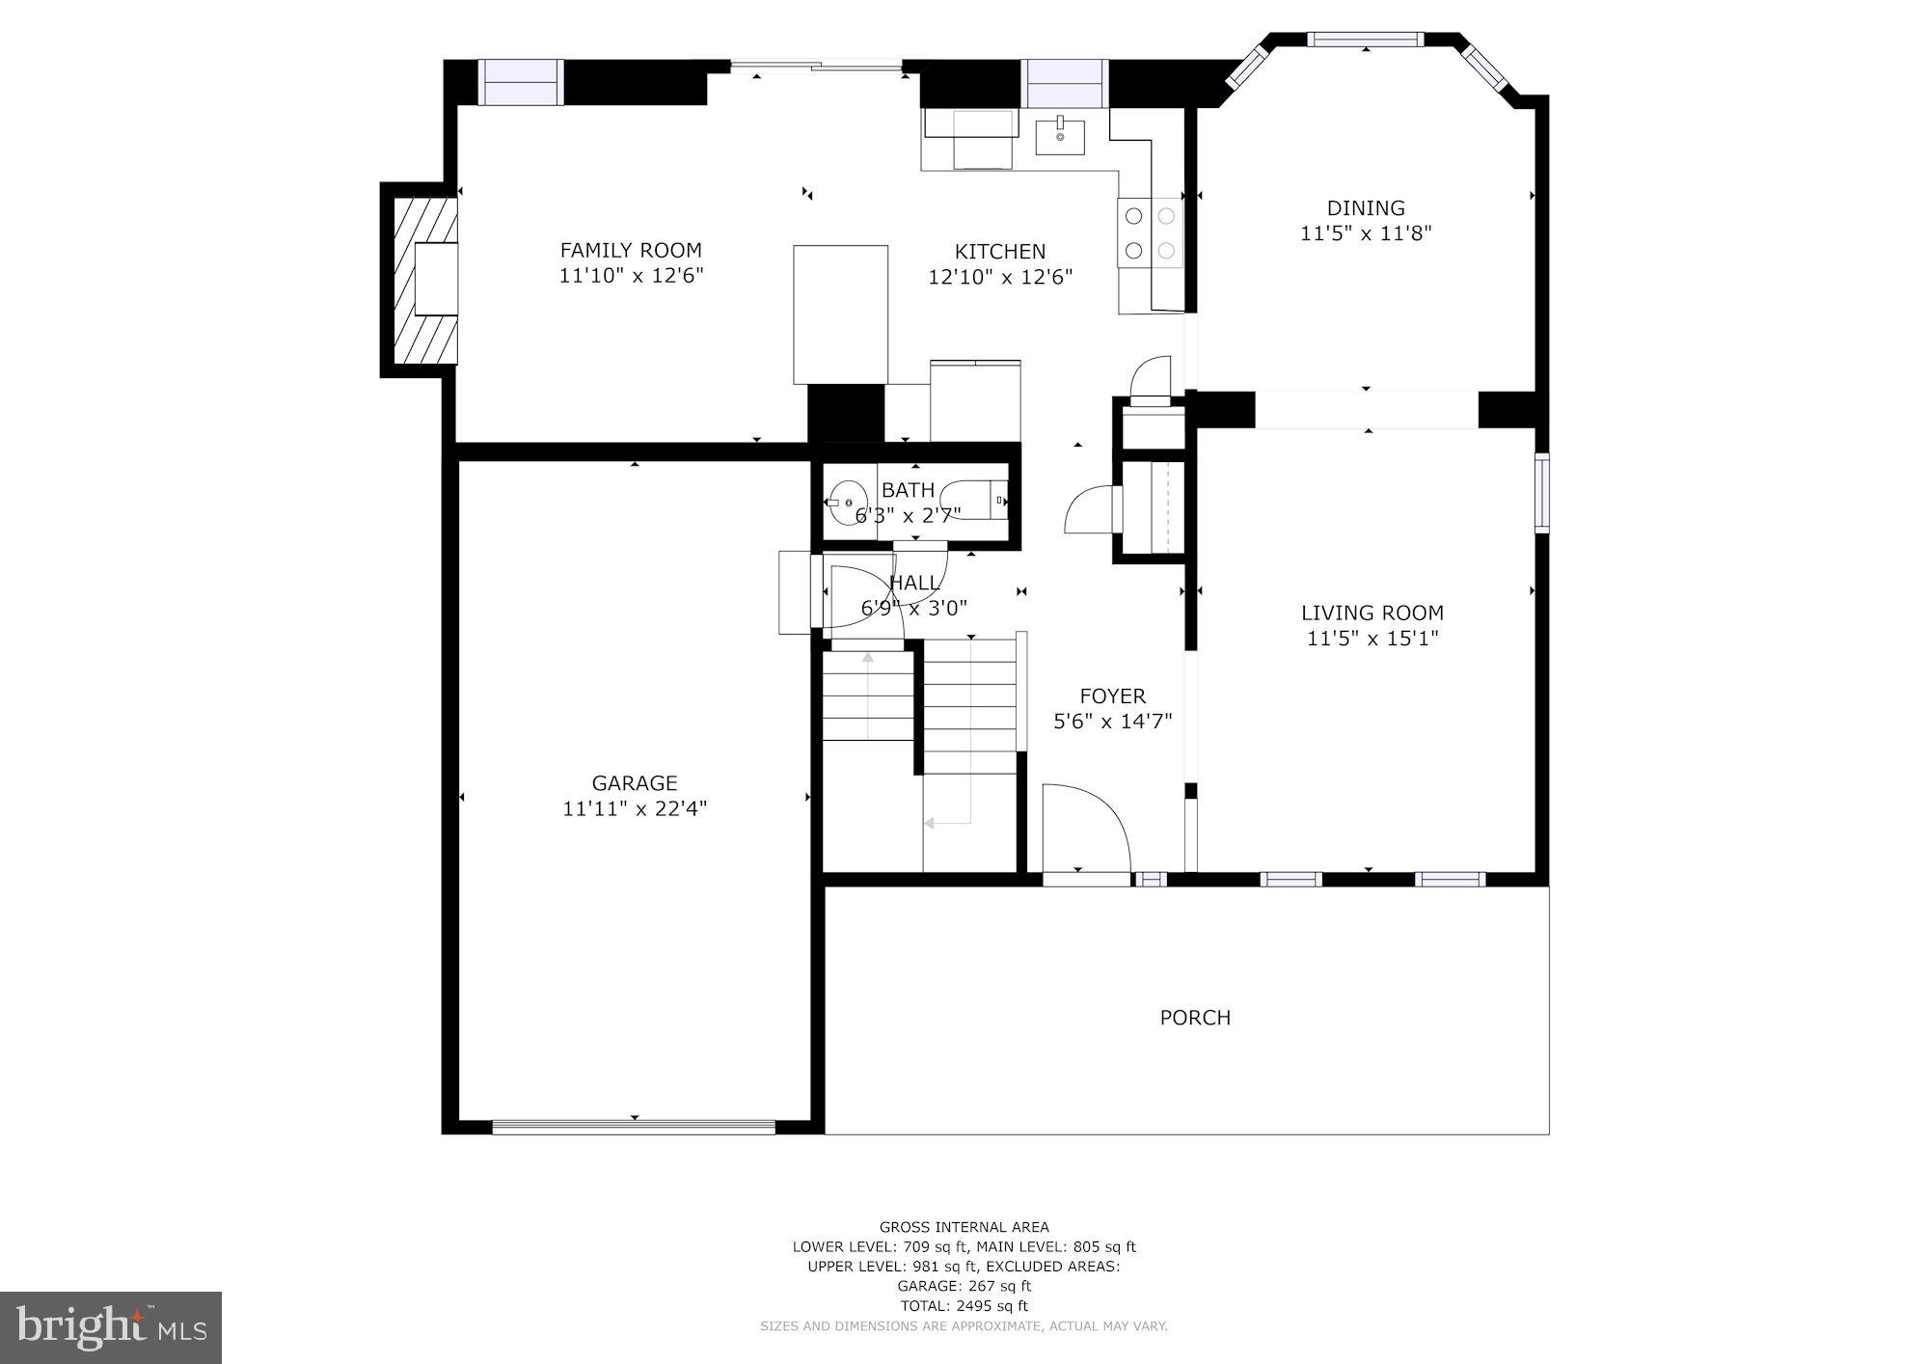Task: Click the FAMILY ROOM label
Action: (631, 251)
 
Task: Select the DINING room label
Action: (1366, 208)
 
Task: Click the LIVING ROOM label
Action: (1372, 613)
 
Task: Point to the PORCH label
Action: (1195, 1018)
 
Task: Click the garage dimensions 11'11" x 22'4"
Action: (635, 808)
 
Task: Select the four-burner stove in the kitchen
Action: (1151, 232)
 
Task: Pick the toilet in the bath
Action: (976, 501)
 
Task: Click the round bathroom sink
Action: (845, 502)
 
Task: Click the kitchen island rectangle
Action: (840, 314)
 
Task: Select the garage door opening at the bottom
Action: (634, 1126)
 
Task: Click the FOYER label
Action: (1112, 696)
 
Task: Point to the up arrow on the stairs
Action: (868, 659)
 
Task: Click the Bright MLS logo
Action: (111, 1328)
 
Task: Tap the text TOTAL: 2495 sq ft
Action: (964, 1306)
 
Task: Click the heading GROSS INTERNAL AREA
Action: (964, 1227)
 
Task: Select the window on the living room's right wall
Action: (1541, 492)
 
